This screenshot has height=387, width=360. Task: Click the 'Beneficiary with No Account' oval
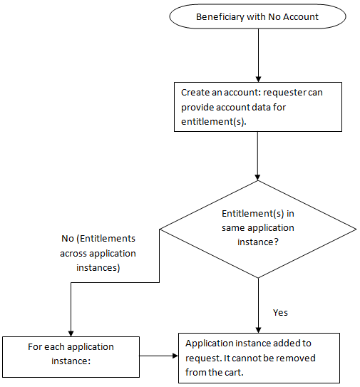[257, 16]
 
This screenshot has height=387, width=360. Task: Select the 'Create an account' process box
[258, 107]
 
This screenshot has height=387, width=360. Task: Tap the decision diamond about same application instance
[258, 229]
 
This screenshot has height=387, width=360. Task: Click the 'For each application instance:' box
[71, 357]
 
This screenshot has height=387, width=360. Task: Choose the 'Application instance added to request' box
[259, 358]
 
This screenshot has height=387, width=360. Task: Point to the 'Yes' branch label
[280, 312]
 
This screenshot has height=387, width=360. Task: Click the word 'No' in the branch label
[68, 239]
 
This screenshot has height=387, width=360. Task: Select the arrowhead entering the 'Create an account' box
[258, 80]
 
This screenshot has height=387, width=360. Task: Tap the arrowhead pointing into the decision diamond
[257, 177]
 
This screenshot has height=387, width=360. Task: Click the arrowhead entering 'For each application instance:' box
[71, 334]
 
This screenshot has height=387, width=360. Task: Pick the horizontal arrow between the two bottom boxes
[159, 356]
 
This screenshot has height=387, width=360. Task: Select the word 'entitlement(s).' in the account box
[214, 122]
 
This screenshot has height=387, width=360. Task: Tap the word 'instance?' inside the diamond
[258, 242]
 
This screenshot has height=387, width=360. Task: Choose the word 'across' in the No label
[73, 254]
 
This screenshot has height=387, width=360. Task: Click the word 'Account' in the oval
[301, 17]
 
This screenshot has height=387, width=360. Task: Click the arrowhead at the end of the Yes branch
[258, 330]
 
